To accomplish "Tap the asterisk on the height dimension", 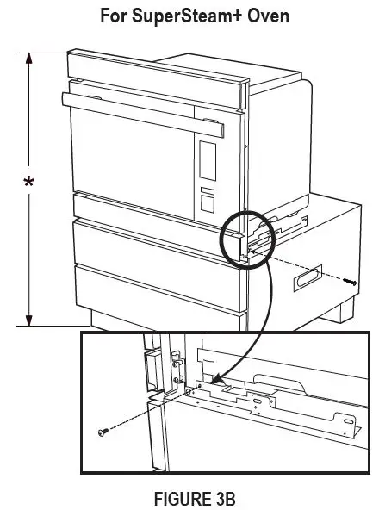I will (30, 183).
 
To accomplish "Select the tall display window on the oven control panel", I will (208, 161).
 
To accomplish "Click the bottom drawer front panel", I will (155, 293).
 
